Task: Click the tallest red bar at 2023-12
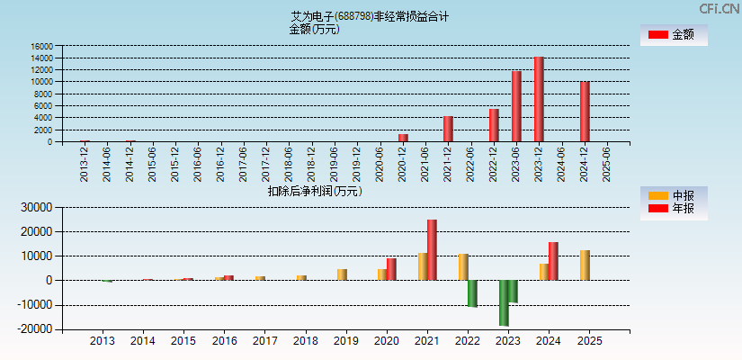pyautogui.click(x=539, y=99)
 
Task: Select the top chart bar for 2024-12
pyautogui.click(x=585, y=112)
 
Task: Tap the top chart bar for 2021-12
pyautogui.click(x=448, y=129)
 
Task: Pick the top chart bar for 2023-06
pyautogui.click(x=516, y=106)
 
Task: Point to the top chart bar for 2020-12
pyautogui.click(x=403, y=138)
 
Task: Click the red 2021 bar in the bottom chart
pyautogui.click(x=432, y=250)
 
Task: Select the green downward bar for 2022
pyautogui.click(x=472, y=293)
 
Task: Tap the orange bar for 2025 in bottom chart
pyautogui.click(x=585, y=265)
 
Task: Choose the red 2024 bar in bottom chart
pyautogui.click(x=553, y=261)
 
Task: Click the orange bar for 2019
pyautogui.click(x=342, y=274)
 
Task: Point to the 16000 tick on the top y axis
pyautogui.click(x=41, y=46)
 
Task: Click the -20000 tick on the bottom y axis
pyautogui.click(x=31, y=329)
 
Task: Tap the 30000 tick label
pyautogui.click(x=34, y=207)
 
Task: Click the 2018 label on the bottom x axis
pyautogui.click(x=306, y=342)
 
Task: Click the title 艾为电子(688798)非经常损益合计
pyautogui.click(x=370, y=16)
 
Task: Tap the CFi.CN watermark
pyautogui.click(x=719, y=9)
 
